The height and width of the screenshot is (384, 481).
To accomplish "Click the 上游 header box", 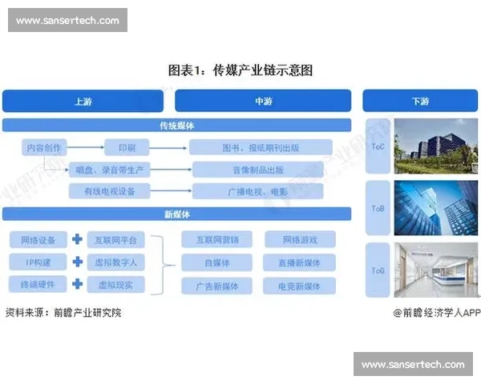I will click(x=83, y=101).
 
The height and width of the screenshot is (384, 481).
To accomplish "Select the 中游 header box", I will click(x=263, y=101).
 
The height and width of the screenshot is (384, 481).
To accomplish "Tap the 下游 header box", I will click(x=419, y=101).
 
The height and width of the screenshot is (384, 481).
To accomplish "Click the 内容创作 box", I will click(x=44, y=147).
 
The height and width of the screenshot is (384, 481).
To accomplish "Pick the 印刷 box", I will click(x=127, y=147).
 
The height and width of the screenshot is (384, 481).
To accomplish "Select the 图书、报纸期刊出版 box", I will click(x=261, y=147).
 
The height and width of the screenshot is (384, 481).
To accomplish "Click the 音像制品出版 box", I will click(x=261, y=169).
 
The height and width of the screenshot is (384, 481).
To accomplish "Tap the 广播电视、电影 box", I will click(x=258, y=191).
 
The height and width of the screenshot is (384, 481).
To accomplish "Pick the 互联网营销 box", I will click(x=216, y=239).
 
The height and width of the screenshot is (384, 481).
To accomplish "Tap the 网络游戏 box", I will click(x=299, y=239).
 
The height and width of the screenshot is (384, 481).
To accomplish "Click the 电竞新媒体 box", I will click(x=299, y=286).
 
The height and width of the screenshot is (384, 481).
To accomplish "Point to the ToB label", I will click(x=377, y=208).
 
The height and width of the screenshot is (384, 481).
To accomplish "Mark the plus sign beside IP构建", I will click(x=77, y=262).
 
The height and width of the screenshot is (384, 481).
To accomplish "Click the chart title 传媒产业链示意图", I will click(x=240, y=70).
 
